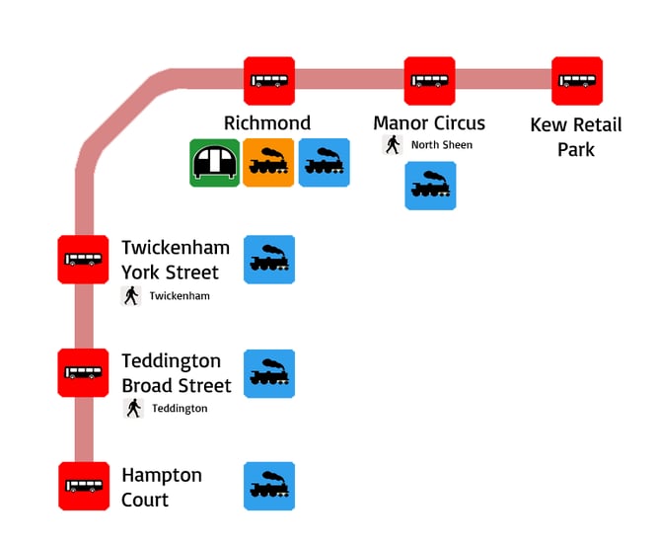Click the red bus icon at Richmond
[269, 81]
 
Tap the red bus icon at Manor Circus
[429, 81]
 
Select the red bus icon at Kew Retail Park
[577, 81]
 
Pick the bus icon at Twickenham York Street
[83, 260]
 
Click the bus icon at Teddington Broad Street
[83, 373]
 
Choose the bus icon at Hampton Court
[83, 487]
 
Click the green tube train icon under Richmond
[214, 163]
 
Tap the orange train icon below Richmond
[268, 163]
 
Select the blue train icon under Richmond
[324, 163]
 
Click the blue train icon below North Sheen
[430, 186]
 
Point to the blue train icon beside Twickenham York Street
[269, 260]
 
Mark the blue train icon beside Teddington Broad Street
[269, 373]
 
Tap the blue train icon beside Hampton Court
[269, 487]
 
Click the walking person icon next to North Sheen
[393, 145]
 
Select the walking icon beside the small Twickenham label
[131, 295]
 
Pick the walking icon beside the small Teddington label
[133, 408]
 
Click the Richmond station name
[267, 123]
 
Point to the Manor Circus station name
[429, 123]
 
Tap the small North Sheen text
[442, 145]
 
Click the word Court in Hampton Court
[145, 500]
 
